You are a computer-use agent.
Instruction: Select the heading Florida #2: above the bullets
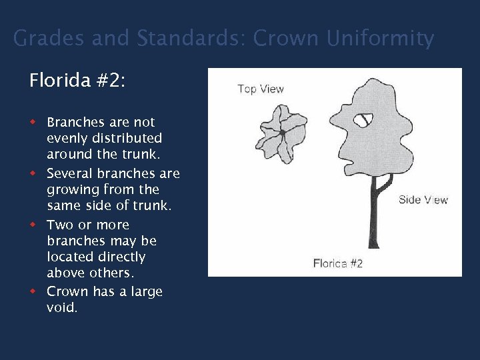coord(77,81)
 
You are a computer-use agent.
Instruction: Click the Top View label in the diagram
coord(261,89)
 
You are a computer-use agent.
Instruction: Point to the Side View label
coord(423,200)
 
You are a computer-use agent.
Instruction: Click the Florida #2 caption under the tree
coord(338,263)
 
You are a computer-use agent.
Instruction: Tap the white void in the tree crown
coord(364,121)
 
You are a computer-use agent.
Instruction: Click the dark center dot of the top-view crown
coord(283,134)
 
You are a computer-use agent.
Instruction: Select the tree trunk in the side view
coord(373,213)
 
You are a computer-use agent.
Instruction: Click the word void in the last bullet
coord(62,308)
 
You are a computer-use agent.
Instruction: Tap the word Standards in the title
coord(191,39)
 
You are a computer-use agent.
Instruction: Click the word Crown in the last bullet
coord(67,292)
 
